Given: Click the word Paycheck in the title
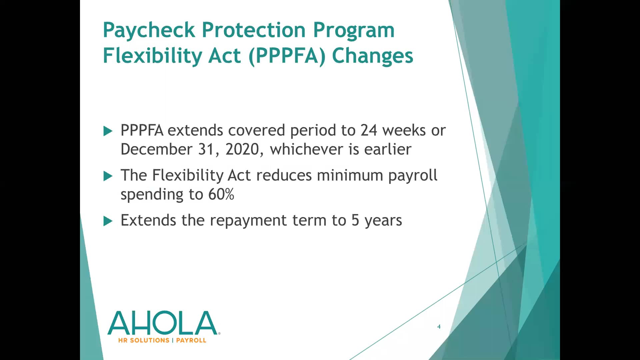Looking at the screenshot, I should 149,30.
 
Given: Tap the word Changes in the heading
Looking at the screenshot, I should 372,56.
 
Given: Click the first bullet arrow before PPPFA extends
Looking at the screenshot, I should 108,131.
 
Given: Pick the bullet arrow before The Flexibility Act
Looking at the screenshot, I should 108,176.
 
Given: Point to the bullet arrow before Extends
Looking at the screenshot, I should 108,221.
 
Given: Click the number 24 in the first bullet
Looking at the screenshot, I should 369,130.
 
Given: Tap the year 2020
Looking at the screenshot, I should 242,149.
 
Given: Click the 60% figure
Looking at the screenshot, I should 221,194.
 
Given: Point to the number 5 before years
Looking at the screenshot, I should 355,220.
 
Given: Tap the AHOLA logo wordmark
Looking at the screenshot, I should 162,323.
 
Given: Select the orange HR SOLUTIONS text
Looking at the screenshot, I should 144,340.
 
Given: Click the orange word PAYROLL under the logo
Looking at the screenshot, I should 191,340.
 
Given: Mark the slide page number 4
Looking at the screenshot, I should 439,327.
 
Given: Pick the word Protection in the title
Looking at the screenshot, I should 254,30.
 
